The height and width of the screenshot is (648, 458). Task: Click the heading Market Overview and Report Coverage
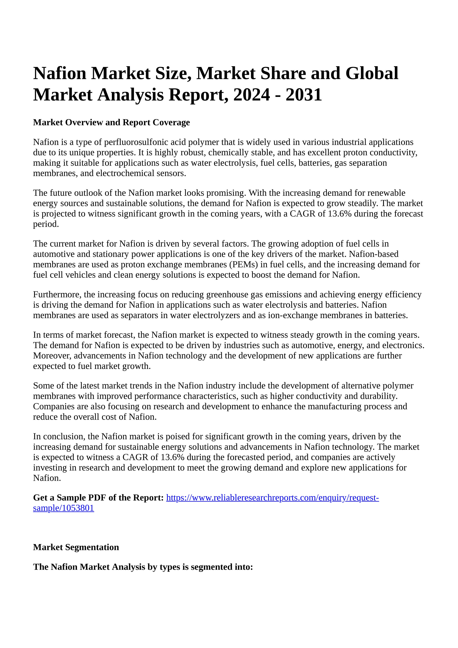111,122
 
